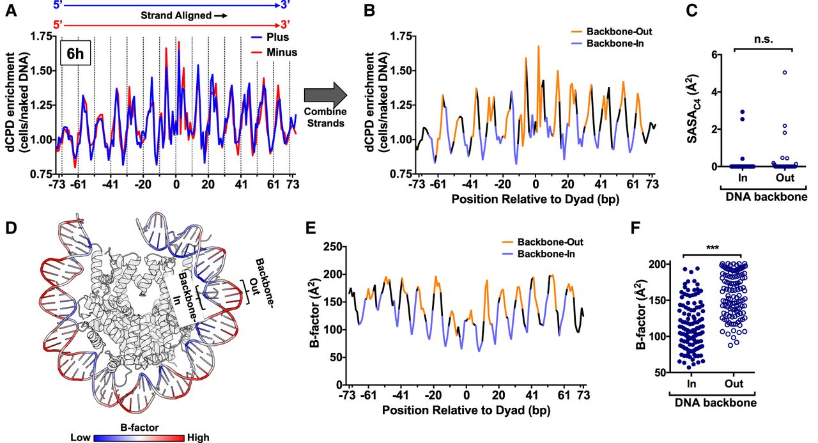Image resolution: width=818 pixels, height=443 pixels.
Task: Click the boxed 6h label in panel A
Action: click(x=75, y=53)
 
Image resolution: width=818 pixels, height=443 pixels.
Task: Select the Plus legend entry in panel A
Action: click(x=270, y=37)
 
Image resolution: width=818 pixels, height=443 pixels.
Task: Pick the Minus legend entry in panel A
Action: click(x=274, y=52)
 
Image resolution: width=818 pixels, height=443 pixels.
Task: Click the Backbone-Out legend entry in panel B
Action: click(x=612, y=31)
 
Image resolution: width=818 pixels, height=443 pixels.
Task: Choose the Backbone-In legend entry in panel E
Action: click(x=538, y=254)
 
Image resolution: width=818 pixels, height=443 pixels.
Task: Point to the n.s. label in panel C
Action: click(x=764, y=40)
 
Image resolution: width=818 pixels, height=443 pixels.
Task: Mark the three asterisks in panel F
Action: click(x=713, y=247)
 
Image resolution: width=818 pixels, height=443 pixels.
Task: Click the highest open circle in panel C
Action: click(x=784, y=72)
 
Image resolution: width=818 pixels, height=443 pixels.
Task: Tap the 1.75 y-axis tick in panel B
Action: click(x=400, y=36)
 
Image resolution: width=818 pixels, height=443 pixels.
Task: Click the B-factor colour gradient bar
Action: click(x=139, y=438)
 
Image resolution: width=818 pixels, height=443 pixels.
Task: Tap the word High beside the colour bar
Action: click(x=198, y=437)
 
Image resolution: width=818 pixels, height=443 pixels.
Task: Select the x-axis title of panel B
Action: click(x=535, y=199)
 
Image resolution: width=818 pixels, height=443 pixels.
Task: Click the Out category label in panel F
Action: click(x=734, y=384)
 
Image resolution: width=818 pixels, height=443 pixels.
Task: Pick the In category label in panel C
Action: click(x=743, y=178)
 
